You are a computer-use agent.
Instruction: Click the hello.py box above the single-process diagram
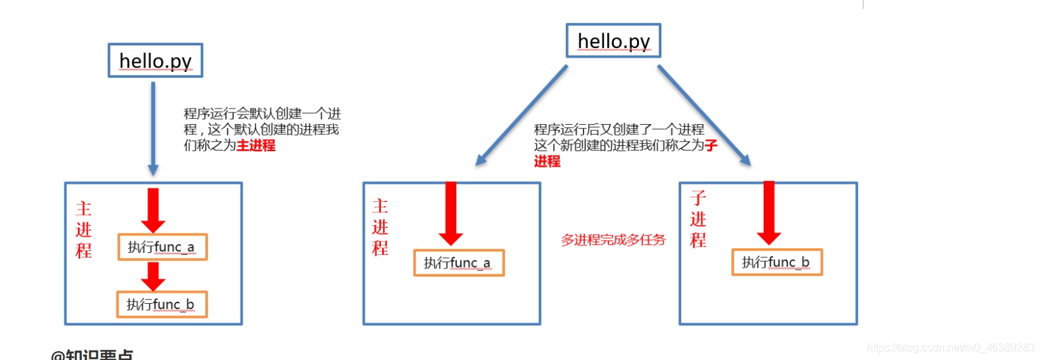pos(155,61)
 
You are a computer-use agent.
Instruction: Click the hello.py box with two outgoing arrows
pos(613,41)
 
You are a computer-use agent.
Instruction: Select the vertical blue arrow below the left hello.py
pos(152,129)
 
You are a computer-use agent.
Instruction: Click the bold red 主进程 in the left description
pos(256,146)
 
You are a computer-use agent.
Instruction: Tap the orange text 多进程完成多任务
pos(613,239)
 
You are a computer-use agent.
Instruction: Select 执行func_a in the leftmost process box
pos(161,247)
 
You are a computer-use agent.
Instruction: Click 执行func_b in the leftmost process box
pos(161,305)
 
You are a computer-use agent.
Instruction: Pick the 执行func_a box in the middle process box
pos(459,263)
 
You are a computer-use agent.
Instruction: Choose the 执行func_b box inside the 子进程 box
pos(777,262)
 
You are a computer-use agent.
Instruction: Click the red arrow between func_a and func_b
pos(153,276)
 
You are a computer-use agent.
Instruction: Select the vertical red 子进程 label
pos(698,219)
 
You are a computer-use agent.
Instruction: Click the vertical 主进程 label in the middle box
pos(380,227)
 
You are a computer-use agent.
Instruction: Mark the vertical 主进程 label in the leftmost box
pos(83,229)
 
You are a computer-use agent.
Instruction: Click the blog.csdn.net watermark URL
pos(951,347)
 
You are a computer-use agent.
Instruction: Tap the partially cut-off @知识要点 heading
pos(92,355)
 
